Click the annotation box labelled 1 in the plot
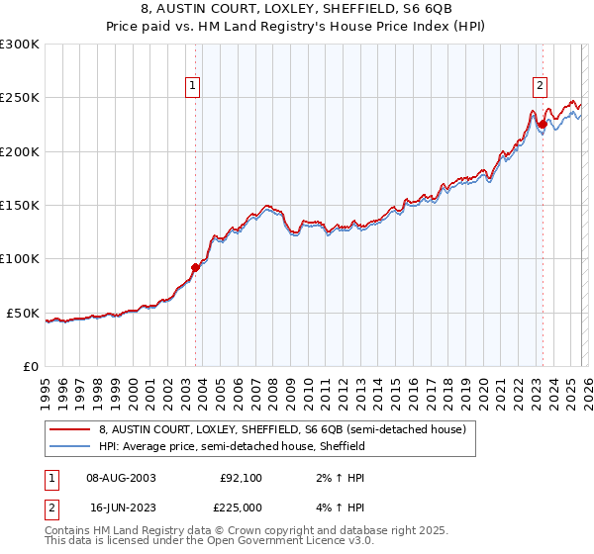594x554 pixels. (194, 86)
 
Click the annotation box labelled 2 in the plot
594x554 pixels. (541, 86)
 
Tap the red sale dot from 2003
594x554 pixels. (195, 267)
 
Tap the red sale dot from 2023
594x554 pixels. (542, 125)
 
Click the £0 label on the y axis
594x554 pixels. (30, 366)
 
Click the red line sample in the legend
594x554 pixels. (70, 429)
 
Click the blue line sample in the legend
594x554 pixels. (70, 446)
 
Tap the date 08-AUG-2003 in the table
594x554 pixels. (122, 477)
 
